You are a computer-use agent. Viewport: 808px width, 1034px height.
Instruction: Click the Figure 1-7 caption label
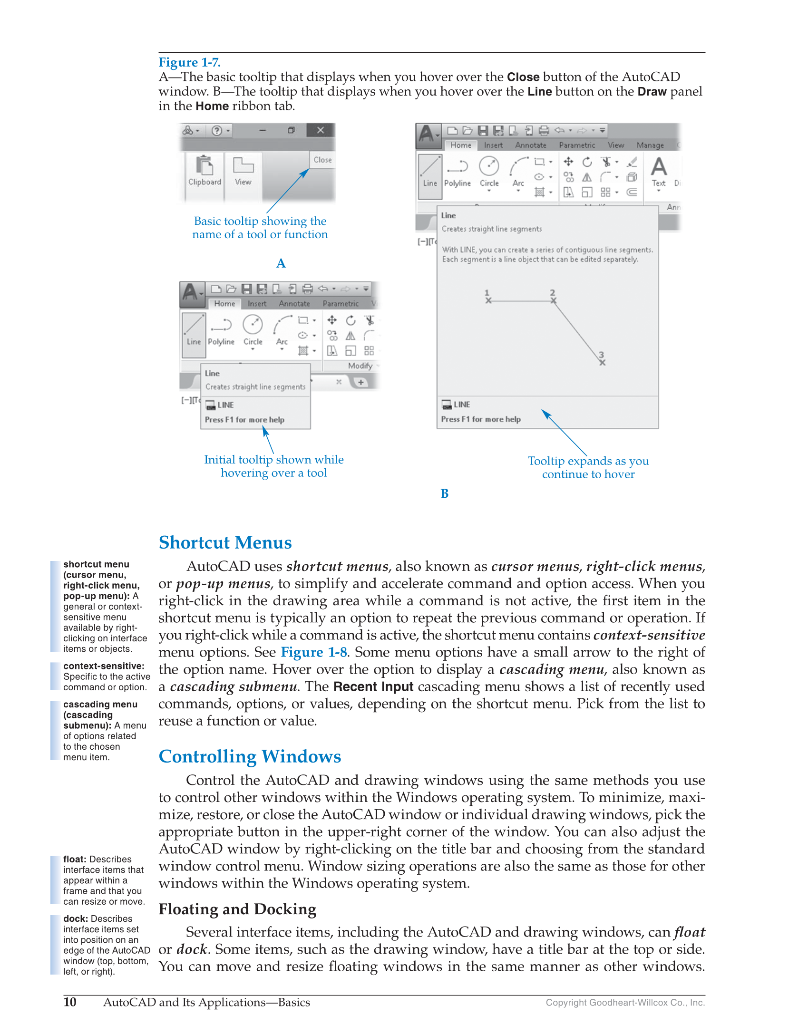click(189, 62)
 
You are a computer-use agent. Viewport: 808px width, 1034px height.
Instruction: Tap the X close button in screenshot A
click(321, 130)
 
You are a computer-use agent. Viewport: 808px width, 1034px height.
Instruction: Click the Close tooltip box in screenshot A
click(322, 160)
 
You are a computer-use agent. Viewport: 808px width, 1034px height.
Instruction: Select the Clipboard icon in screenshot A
click(204, 166)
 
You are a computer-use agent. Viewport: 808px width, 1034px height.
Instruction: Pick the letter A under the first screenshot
click(281, 263)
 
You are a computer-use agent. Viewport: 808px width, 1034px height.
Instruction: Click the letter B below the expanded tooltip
click(444, 493)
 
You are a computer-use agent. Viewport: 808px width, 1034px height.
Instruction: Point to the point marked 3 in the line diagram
click(602, 363)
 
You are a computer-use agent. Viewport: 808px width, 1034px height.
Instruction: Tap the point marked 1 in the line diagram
click(488, 300)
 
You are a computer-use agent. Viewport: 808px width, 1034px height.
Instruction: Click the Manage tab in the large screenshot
click(650, 145)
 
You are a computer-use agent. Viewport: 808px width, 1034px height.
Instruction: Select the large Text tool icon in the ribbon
click(659, 167)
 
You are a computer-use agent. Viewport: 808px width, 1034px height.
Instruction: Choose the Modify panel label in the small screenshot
click(360, 366)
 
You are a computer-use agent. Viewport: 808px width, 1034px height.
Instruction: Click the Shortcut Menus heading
click(225, 542)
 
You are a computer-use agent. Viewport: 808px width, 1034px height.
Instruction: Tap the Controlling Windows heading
click(250, 756)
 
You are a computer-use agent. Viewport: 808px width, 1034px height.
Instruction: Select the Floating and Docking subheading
click(237, 909)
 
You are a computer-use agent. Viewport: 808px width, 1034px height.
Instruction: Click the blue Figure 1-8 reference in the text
click(314, 652)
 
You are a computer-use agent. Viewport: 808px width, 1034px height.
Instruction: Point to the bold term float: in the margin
click(75, 859)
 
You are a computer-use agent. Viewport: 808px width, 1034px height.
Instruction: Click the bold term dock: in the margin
click(75, 918)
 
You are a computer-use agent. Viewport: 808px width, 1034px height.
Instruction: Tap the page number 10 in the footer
click(70, 1002)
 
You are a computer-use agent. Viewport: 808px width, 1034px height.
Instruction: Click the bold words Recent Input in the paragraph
click(373, 686)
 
